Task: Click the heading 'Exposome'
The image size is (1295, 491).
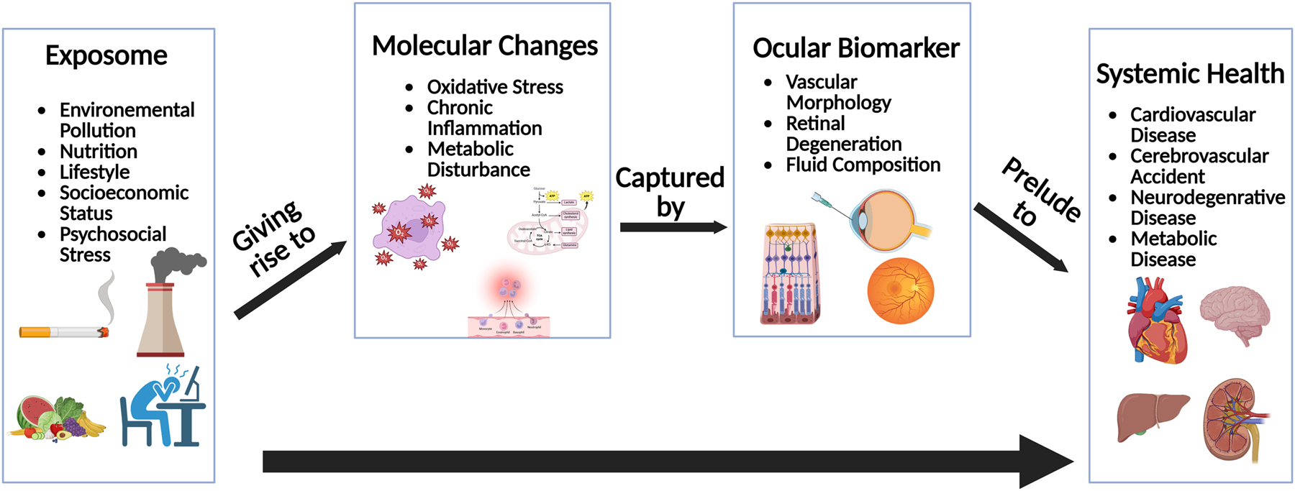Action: [106, 55]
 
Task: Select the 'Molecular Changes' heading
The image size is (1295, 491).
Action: [484, 46]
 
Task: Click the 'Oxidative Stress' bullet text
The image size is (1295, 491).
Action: [495, 87]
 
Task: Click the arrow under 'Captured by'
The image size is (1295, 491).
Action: [673, 227]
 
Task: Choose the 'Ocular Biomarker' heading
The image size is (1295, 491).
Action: [855, 48]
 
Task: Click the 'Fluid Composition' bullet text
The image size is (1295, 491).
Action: [863, 165]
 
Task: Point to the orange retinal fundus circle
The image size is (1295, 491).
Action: [901, 290]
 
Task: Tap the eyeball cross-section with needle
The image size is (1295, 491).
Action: [881, 219]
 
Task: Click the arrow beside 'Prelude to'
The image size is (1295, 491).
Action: [1021, 238]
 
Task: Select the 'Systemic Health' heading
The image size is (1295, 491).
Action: [1190, 74]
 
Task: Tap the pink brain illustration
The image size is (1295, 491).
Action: [1235, 313]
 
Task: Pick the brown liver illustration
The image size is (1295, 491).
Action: [1151, 416]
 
